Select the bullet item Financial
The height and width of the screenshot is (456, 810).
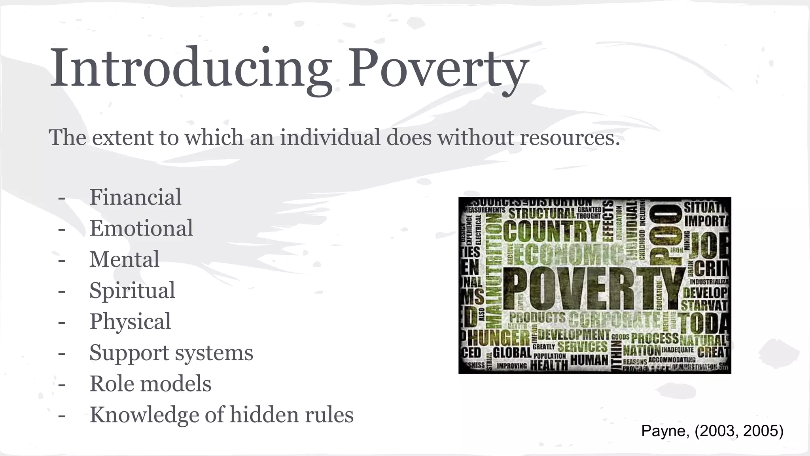tap(135, 197)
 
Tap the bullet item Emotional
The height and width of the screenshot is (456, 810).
tap(141, 228)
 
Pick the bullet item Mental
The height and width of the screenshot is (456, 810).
tap(124, 259)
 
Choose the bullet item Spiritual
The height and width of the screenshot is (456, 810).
tap(132, 291)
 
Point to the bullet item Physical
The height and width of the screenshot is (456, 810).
tap(130, 321)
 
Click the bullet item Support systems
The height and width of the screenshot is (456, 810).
tap(171, 353)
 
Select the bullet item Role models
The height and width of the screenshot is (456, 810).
tap(150, 384)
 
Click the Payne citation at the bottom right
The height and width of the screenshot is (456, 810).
tap(712, 431)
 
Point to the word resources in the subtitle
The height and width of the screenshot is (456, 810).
tap(570, 138)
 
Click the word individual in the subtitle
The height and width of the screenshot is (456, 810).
tap(330, 137)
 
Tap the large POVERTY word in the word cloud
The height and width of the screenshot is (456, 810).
tap(593, 288)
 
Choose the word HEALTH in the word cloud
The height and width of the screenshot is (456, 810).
tap(549, 365)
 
